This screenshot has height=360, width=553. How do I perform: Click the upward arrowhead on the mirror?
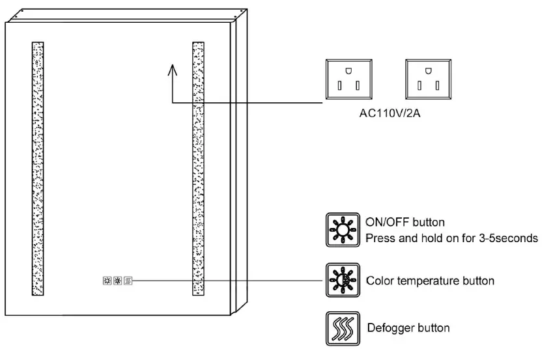pos(173,68)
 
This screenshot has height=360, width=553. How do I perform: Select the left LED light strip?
pos(38,169)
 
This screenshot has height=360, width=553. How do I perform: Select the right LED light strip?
pos(198,169)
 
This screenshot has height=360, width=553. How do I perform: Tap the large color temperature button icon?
pos(341,281)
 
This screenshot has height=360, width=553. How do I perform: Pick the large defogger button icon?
pos(341,329)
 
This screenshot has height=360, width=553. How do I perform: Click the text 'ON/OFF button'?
pos(405,223)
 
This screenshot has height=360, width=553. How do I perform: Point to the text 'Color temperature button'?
pos(431,281)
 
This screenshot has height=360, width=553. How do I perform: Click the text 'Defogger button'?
pos(408,327)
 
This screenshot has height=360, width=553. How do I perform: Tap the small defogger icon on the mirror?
pos(128,281)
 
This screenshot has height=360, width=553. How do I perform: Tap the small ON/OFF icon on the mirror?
pos(107,281)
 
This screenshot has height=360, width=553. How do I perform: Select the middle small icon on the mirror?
pos(118,281)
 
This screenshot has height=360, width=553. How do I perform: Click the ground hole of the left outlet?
pos(348,70)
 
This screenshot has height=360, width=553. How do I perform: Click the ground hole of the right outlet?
pos(428,70)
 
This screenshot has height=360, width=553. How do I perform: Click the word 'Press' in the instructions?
pos(380,238)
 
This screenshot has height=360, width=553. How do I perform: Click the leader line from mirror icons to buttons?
pos(228,281)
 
